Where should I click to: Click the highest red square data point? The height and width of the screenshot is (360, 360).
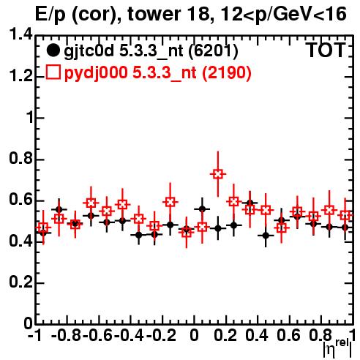[x=218, y=174]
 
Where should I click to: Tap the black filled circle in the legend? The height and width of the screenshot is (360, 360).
[x=53, y=50]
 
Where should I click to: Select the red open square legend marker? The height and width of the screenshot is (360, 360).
[x=53, y=72]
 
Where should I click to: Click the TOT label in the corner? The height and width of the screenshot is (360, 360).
[x=326, y=50]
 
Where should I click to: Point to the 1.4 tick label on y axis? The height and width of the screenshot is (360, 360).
[x=20, y=34]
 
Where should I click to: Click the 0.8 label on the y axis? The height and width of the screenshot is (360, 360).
[x=20, y=158]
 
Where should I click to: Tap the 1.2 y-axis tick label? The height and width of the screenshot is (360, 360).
[x=20, y=75]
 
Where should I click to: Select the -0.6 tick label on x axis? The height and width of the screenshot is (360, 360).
[x=97, y=335]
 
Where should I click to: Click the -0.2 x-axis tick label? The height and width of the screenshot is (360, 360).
[x=161, y=335]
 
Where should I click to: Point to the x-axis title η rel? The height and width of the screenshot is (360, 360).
[x=337, y=348]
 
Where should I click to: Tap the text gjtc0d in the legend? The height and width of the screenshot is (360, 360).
[x=89, y=51]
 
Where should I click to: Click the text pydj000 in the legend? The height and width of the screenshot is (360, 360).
[x=96, y=73]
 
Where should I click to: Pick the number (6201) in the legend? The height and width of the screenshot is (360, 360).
[x=213, y=50]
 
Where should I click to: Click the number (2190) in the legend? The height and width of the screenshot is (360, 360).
[x=227, y=72]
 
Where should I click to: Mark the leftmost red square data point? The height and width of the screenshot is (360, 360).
[x=43, y=228]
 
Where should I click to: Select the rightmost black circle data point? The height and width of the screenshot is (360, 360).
[x=345, y=228]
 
